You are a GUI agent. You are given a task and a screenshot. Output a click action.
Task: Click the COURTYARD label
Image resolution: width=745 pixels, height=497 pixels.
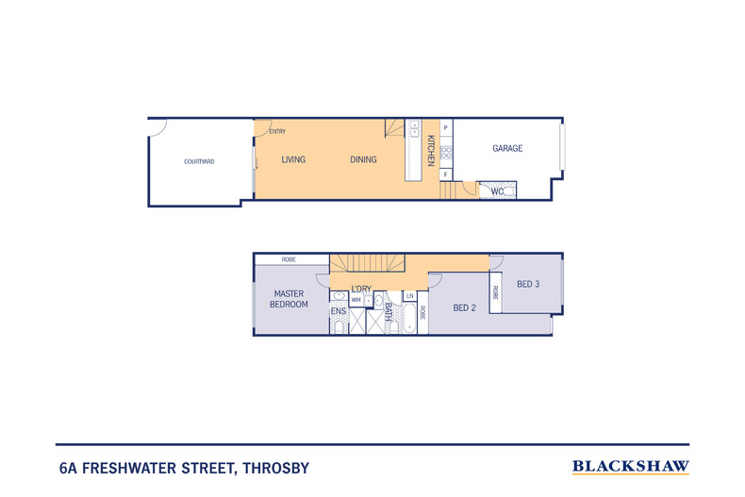(x=199, y=161)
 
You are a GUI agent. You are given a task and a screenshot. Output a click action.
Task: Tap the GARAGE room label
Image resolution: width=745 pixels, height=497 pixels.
(x=507, y=148)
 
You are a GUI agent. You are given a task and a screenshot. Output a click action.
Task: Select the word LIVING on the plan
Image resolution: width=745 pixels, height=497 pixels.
(x=293, y=159)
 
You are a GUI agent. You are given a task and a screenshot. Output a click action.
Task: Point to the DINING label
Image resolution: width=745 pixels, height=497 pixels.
(x=363, y=159)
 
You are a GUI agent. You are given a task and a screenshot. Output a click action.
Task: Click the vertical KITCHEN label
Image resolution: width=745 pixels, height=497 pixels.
(x=431, y=151)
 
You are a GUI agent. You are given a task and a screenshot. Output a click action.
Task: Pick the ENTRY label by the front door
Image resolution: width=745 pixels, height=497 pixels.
(x=277, y=132)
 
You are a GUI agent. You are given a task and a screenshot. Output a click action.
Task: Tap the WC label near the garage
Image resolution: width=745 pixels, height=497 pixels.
(x=497, y=191)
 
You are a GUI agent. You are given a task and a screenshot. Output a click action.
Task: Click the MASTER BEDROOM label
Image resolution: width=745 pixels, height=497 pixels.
(x=289, y=299)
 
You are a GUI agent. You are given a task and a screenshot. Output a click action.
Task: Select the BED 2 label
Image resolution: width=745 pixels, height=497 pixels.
(x=464, y=307)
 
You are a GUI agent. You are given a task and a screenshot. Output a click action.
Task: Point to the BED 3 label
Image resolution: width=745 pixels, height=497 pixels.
(x=528, y=284)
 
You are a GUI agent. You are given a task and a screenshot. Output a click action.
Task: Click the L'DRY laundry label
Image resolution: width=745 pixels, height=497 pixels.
(x=361, y=289)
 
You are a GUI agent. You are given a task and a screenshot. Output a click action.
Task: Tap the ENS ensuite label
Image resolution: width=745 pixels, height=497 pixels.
(x=339, y=311)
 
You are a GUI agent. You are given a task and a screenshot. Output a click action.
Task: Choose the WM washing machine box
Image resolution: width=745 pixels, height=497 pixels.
(x=356, y=300)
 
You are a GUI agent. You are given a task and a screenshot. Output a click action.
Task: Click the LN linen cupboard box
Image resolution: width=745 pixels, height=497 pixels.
(x=409, y=296)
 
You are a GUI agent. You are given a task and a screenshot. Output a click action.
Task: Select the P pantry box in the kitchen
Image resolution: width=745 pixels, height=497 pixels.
(x=446, y=128)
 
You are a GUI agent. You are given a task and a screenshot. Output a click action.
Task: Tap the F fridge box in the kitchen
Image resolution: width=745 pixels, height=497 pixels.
(x=446, y=174)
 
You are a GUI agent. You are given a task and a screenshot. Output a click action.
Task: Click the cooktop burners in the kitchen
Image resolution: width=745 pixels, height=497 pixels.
(x=446, y=153)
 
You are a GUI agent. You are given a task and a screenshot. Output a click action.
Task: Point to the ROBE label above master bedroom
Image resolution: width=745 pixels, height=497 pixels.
(x=289, y=259)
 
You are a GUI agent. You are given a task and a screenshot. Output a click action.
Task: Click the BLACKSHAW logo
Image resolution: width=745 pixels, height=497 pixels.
(x=631, y=467)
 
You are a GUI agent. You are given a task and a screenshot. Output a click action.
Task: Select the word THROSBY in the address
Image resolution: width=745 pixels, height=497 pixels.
(x=276, y=469)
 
